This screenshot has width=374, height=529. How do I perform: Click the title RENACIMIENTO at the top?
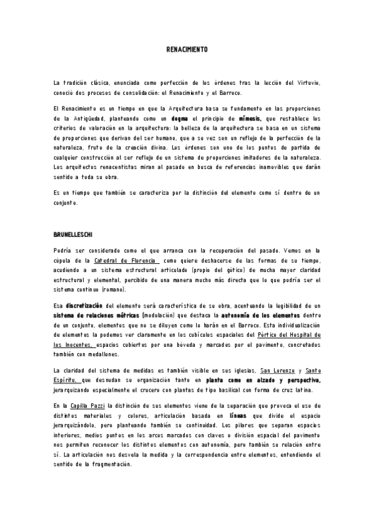pyautogui.click(x=187, y=49)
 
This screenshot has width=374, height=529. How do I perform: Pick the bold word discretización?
pyautogui.click(x=85, y=306)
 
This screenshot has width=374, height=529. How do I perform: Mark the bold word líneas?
pyautogui.click(x=239, y=416)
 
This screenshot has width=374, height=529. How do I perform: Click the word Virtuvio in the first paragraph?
pyautogui.click(x=306, y=82)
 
